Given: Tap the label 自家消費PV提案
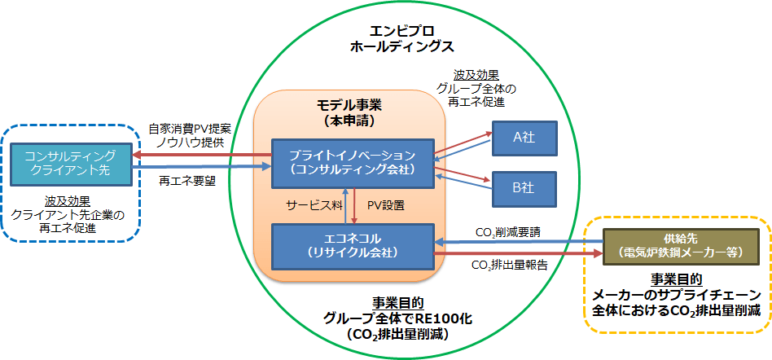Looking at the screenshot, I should pos(190,130).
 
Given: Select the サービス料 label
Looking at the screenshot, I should pos(309,204).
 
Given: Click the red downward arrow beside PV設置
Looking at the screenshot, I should pos(359,204).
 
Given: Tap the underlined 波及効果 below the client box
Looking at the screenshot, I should pos(67,200).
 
